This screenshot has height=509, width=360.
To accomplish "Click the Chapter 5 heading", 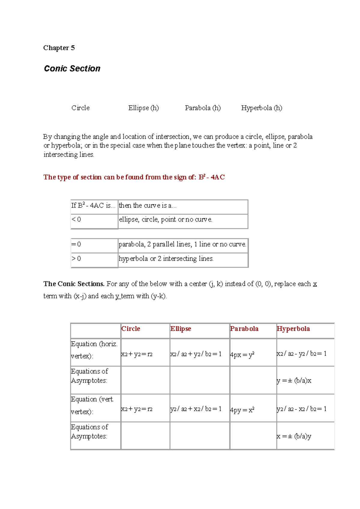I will [x=59, y=48].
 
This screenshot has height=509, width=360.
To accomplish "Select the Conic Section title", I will [x=72, y=69].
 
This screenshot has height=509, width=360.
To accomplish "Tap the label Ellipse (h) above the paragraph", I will [x=143, y=108].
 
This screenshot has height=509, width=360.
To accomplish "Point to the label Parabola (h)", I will [x=203, y=108].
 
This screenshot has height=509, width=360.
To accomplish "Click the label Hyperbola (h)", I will [x=262, y=108].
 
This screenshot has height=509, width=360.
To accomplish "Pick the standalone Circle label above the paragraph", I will [x=80, y=108].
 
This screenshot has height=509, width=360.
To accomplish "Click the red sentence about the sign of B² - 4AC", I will [x=134, y=177].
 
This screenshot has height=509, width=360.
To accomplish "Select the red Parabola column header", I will [x=244, y=329].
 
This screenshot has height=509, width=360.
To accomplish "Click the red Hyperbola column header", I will [x=293, y=329].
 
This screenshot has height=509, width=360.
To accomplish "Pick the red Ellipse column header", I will [x=181, y=329].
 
